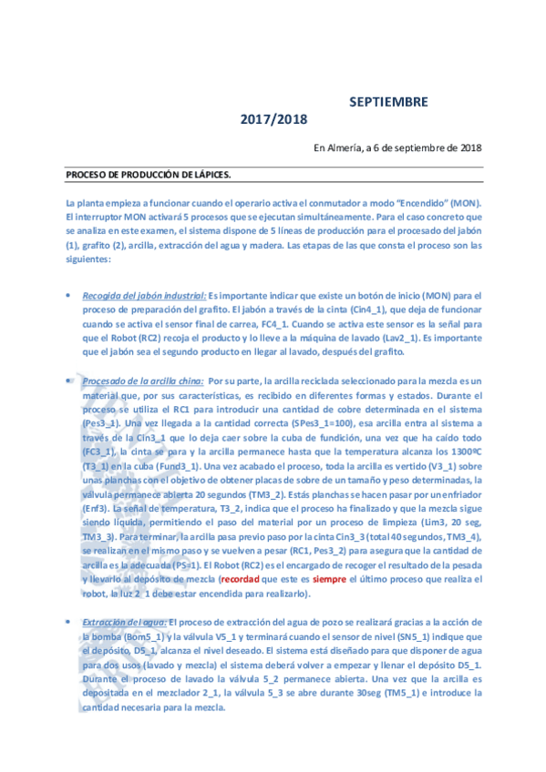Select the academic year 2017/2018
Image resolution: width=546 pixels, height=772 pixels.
point(274,119)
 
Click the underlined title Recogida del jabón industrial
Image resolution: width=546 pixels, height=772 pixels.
point(144,296)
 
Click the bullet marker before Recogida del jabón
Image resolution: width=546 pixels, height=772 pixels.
point(69,297)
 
